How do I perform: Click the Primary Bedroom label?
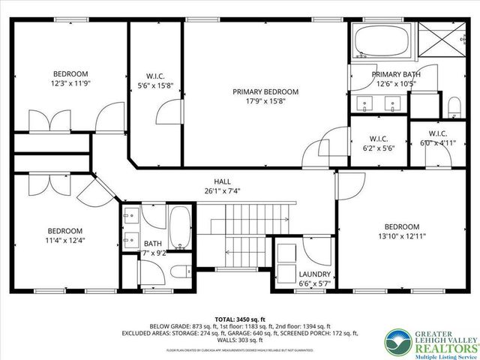pyautogui.click(x=265, y=91)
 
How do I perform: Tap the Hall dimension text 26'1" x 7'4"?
pyautogui.click(x=223, y=192)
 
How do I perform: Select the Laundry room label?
pyautogui.click(x=314, y=274)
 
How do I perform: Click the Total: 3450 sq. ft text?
pyautogui.click(x=240, y=319)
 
